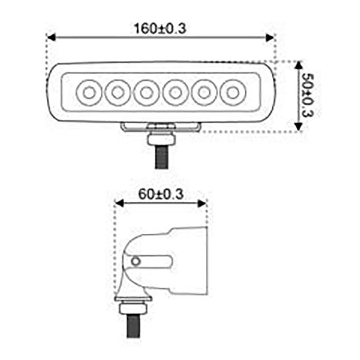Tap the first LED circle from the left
[88, 92]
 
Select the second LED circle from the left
[117, 92]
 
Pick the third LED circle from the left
[146, 92]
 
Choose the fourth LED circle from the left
[174, 92]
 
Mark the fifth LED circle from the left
[203, 92]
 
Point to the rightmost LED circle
[232, 92]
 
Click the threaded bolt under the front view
[161, 157]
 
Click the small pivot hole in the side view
[136, 261]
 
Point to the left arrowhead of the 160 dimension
[51, 37]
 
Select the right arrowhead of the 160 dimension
[270, 37]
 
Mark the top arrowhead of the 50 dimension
[298, 65]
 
